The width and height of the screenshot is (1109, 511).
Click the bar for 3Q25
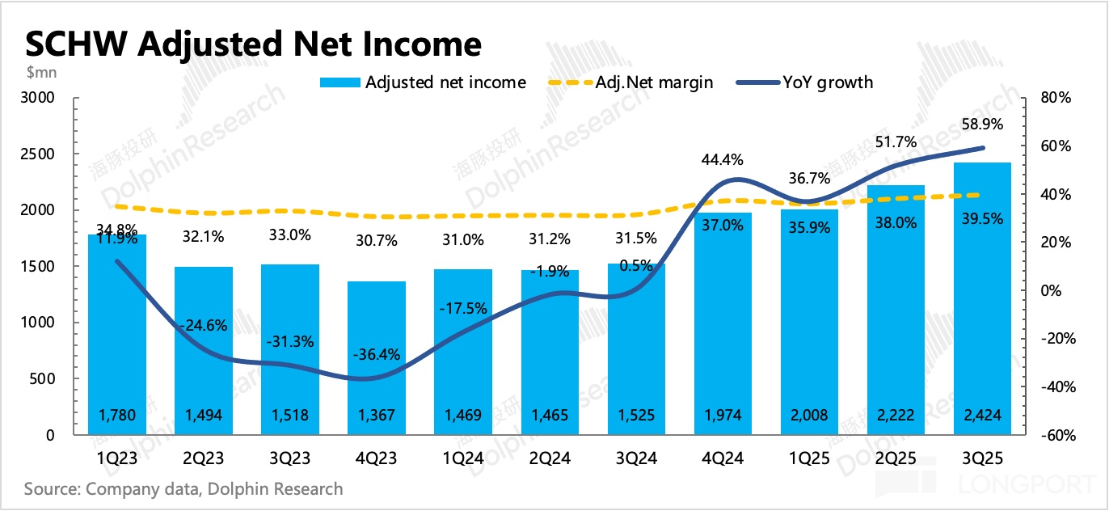(x=982, y=298)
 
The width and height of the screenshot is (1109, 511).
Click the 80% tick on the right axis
(x=1056, y=98)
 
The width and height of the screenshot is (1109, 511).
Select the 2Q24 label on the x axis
(x=550, y=458)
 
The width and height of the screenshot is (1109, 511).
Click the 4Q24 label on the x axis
(x=723, y=458)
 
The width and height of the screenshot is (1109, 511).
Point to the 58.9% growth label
(x=982, y=125)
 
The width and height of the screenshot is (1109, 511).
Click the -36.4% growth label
(x=377, y=355)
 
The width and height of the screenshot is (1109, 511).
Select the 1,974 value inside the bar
(x=723, y=416)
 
